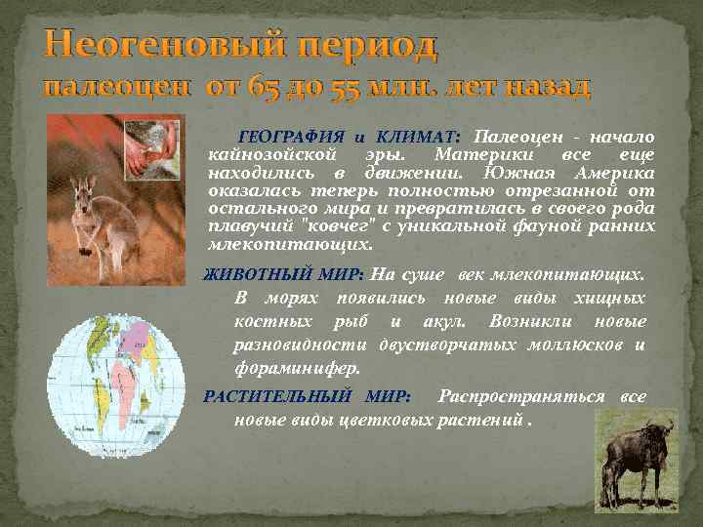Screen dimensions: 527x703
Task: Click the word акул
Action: click(x=445, y=321)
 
